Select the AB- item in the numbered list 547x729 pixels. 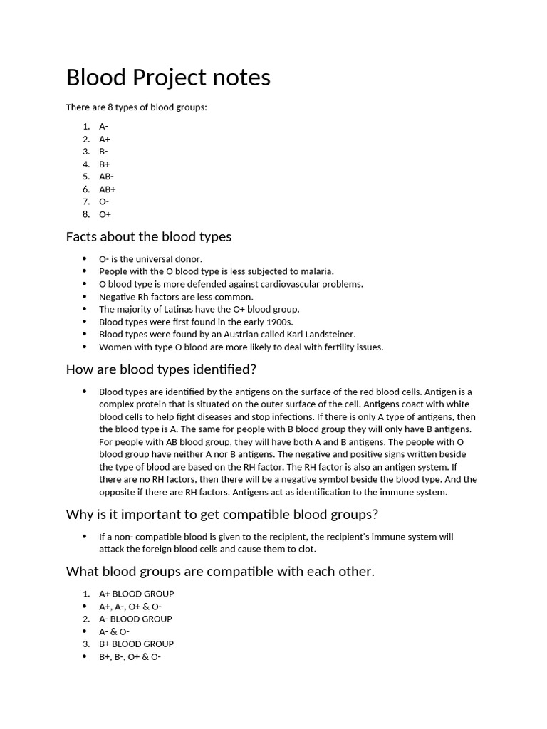click(x=106, y=177)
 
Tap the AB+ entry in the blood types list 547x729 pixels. click(x=107, y=189)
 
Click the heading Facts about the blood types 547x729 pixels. click(x=148, y=236)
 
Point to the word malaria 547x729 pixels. click(x=317, y=271)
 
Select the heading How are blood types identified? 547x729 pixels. click(x=160, y=369)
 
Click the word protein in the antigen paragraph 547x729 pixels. click(x=152, y=404)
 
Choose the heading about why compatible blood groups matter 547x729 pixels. click(x=222, y=514)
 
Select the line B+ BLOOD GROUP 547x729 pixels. click(x=136, y=644)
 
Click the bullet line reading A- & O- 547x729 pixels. click(x=114, y=631)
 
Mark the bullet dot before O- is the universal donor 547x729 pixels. click(x=85, y=258)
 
